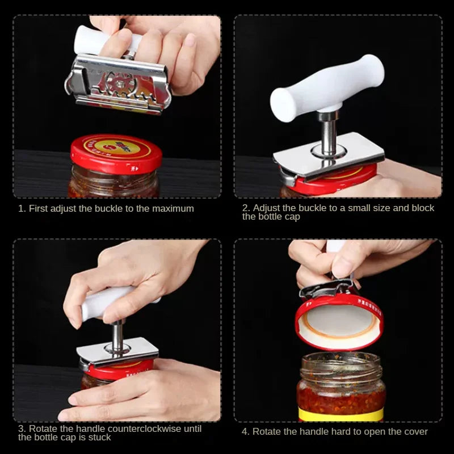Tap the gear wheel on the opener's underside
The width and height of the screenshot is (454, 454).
coord(120,84)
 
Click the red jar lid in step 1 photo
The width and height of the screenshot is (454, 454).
coord(116,154)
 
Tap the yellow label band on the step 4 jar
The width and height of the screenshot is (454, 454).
coord(341,414)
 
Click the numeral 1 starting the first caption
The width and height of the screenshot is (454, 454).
coord(21,209)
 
